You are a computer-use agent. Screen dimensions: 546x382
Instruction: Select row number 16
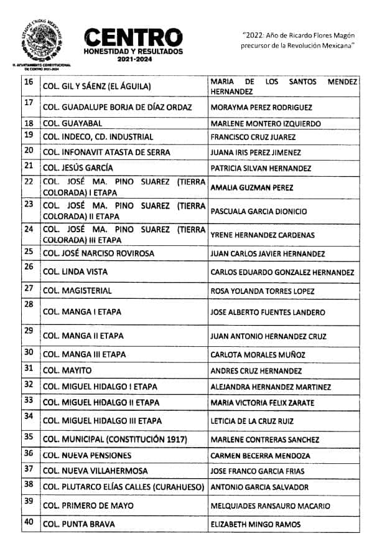28,82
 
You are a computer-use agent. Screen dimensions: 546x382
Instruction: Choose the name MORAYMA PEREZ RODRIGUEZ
261,107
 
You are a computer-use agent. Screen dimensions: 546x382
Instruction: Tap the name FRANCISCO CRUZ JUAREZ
253,137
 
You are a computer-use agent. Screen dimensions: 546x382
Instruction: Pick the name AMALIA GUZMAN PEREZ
252,187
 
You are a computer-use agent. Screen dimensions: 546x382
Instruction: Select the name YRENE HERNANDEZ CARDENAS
263,235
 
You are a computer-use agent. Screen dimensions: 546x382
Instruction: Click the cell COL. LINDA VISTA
75,271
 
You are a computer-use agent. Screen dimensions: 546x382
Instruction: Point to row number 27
28,288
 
